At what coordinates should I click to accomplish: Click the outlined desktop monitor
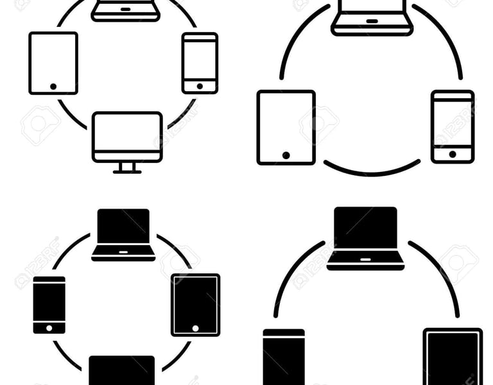coord(127,137)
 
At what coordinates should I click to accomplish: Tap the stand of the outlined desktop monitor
coord(127,167)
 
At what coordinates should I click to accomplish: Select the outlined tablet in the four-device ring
coord(53,63)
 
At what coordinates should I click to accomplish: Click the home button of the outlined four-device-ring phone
coord(200,86)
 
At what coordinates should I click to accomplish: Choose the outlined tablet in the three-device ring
coord(286,127)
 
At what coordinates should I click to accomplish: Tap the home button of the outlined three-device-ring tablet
coord(286,155)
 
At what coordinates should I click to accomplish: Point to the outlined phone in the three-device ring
coord(453,126)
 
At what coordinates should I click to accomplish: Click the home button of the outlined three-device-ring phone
coord(453,154)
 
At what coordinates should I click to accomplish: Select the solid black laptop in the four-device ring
coord(123,234)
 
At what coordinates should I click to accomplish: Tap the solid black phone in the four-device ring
coord(49,305)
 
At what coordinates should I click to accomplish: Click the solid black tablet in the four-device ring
coord(196,305)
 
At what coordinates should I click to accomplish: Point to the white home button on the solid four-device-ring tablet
coord(196,328)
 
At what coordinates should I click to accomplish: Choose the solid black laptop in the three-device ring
coord(366,237)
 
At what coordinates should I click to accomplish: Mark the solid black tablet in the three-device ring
coord(453,356)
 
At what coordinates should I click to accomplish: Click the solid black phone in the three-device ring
coord(284,356)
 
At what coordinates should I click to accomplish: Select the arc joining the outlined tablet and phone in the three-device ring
coord(372,172)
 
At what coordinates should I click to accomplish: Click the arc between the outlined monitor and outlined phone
coord(182,115)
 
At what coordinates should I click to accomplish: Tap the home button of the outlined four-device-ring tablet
coord(53,86)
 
